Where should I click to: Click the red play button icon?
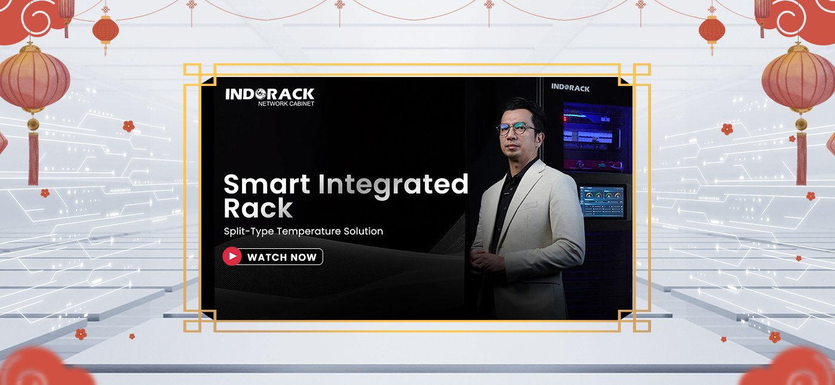(232, 256)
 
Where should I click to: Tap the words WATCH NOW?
(282, 257)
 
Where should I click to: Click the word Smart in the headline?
(266, 184)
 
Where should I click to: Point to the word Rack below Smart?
(258, 208)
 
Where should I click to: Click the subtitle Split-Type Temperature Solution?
(303, 231)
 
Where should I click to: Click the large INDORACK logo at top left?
(270, 94)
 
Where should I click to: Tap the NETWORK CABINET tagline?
(286, 104)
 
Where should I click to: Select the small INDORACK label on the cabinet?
(570, 88)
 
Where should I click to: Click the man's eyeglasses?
(517, 128)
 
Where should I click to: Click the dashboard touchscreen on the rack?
(603, 201)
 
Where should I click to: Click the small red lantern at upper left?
(106, 30)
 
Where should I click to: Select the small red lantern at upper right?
(712, 30)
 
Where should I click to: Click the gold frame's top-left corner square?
(192, 72)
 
